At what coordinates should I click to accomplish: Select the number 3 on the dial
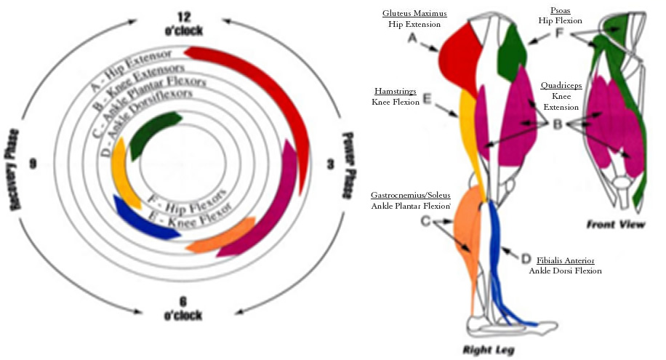330,165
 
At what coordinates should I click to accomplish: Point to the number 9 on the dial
32,164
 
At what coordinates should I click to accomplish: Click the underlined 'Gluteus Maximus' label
414,14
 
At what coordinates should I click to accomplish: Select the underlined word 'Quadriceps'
561,85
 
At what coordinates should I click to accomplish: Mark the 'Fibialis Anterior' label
565,260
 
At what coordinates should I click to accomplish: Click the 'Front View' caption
615,225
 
